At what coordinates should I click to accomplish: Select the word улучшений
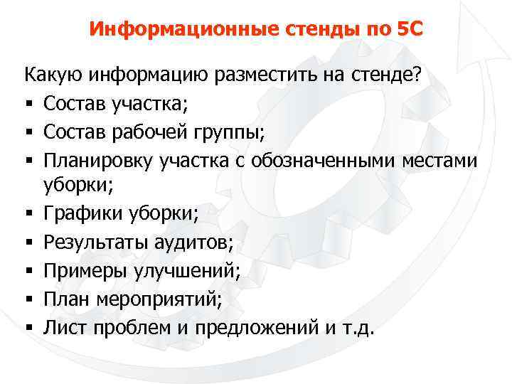click(x=189, y=272)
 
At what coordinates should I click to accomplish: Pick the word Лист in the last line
click(x=62, y=329)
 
